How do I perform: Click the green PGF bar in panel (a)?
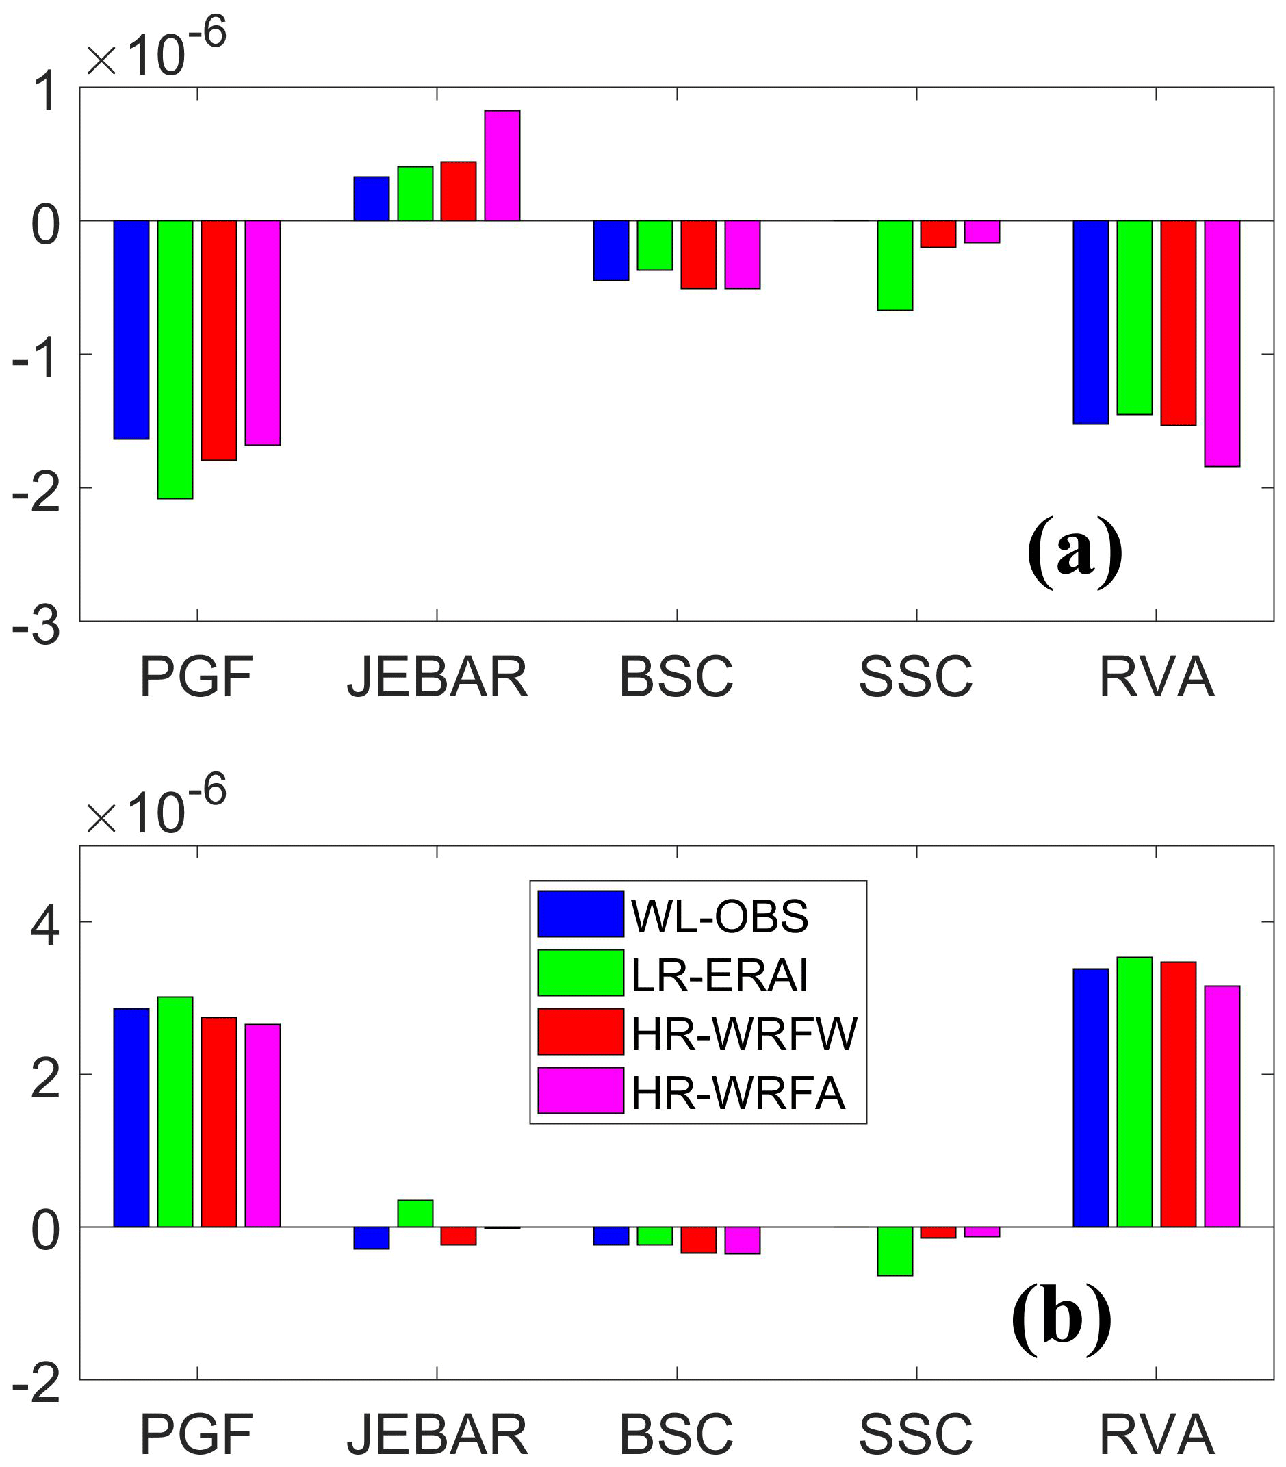pos(175,359)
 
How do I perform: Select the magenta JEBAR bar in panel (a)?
pos(502,165)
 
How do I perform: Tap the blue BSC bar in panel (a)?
pos(610,250)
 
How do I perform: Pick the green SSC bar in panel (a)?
pos(895,265)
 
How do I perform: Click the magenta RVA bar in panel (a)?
pos(1222,343)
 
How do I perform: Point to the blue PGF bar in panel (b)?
pos(131,1117)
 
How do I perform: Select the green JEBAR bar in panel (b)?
pos(415,1213)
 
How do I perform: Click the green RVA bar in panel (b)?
pos(1135,1092)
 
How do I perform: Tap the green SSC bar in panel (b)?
pos(895,1251)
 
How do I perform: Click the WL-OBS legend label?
pos(719,916)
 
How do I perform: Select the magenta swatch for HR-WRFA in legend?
pos(580,1090)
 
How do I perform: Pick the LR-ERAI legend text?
pos(719,975)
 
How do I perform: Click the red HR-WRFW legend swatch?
pos(580,1032)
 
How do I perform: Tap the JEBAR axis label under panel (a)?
pos(437,677)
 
